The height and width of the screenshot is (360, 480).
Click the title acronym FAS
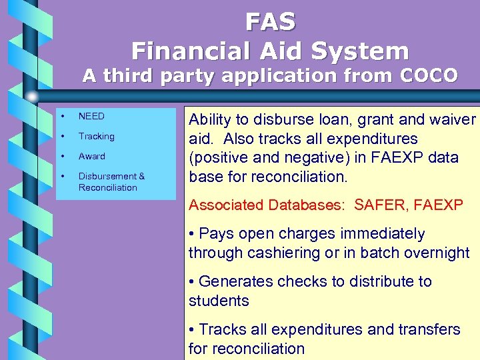tap(270, 22)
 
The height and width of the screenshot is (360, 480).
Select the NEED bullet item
tap(91, 116)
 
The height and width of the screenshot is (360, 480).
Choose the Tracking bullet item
tap(96, 136)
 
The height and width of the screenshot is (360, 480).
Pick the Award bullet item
tap(91, 156)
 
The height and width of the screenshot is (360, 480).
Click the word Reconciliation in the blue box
tap(107, 187)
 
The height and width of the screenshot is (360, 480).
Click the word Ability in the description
tap(209, 120)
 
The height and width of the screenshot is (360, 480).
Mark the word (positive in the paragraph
tap(217, 158)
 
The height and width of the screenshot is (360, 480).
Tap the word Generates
tap(236, 281)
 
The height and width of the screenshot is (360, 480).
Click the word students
tap(219, 301)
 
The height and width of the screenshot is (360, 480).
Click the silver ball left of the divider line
tap(32, 96)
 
